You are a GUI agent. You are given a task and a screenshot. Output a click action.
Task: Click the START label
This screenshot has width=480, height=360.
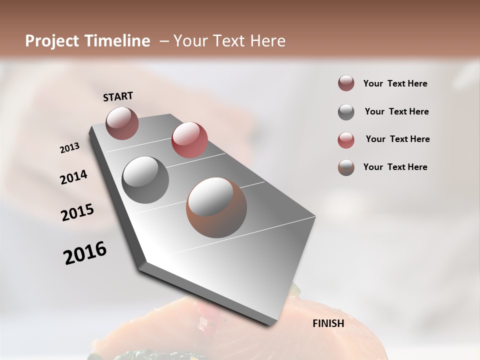118,96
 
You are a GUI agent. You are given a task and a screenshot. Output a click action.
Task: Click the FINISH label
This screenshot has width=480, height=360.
328,323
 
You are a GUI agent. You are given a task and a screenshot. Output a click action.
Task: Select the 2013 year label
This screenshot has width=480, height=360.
70,148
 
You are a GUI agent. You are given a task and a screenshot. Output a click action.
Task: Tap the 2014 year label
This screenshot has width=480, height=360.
74,177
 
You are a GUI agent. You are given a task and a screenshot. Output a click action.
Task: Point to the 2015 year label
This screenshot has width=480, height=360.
77,212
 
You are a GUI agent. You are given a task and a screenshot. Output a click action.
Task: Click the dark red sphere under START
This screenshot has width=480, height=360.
122,123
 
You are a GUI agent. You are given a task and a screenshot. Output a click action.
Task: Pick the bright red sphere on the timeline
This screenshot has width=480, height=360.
189,139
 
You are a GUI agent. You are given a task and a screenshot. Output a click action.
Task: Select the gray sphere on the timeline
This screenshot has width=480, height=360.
145,179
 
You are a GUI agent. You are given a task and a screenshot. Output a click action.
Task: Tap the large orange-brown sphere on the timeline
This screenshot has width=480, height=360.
216,207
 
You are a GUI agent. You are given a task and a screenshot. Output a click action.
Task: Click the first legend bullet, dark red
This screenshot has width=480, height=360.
346,83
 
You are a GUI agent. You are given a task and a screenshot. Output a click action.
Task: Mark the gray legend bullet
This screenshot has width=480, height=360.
346,112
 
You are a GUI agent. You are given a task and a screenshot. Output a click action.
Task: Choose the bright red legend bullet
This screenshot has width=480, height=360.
346,140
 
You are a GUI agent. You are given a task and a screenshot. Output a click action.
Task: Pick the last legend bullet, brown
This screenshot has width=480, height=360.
346,167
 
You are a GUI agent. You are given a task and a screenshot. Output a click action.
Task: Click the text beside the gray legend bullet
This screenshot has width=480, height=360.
396,111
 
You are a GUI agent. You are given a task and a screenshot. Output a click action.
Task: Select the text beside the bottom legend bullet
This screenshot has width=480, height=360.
395,167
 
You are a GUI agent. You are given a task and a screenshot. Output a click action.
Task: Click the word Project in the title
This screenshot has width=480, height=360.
50,41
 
